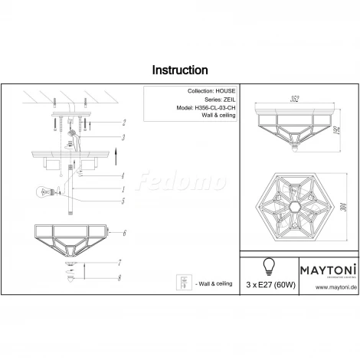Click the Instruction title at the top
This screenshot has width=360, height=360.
[x=180, y=70]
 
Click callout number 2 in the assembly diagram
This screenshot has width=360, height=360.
[x=123, y=123]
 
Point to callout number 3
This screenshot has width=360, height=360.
[x=123, y=137]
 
